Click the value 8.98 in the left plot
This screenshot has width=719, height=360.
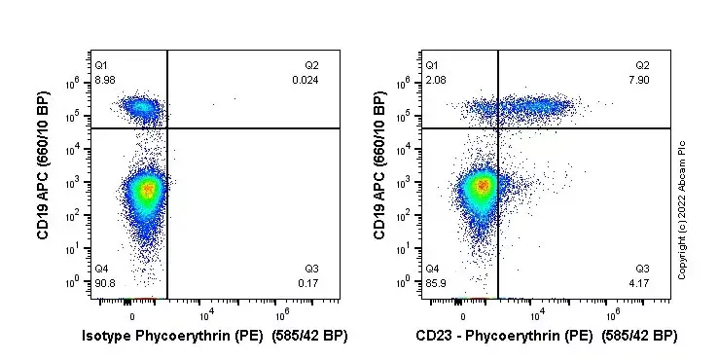click(104, 80)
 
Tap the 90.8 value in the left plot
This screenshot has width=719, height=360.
click(104, 283)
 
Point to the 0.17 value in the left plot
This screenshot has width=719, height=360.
click(307, 283)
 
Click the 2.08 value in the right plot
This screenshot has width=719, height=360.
click(435, 80)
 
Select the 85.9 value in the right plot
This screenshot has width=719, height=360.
click(435, 283)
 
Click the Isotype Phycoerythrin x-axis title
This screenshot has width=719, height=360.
click(214, 337)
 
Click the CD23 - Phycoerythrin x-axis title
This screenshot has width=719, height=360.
click(546, 337)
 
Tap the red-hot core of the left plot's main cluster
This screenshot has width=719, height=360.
click(147, 190)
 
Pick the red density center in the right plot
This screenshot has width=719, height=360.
click(480, 184)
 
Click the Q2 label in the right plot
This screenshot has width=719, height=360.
click(642, 65)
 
